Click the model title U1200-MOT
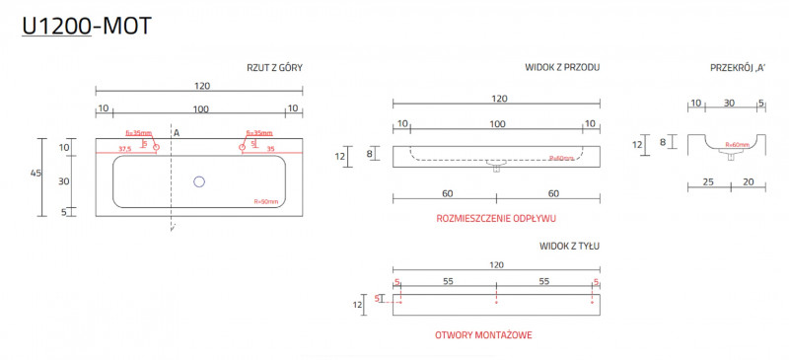pyautogui.click(x=87, y=27)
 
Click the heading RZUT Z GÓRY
pyautogui.click(x=274, y=68)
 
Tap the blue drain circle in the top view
pyautogui.click(x=199, y=181)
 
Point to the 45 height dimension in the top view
pyautogui.click(x=36, y=173)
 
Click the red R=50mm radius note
pyautogui.click(x=266, y=202)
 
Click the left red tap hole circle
pyautogui.click(x=155, y=148)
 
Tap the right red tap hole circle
pyautogui.click(x=241, y=148)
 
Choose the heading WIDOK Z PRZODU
pyautogui.click(x=562, y=68)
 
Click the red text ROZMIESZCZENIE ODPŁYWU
pyautogui.click(x=497, y=218)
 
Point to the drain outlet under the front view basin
pyautogui.click(x=496, y=169)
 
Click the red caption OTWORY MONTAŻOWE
pyautogui.click(x=483, y=335)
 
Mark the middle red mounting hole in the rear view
pyautogui.click(x=496, y=302)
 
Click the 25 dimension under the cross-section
pyautogui.click(x=709, y=181)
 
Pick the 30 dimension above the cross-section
pyautogui.click(x=729, y=103)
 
